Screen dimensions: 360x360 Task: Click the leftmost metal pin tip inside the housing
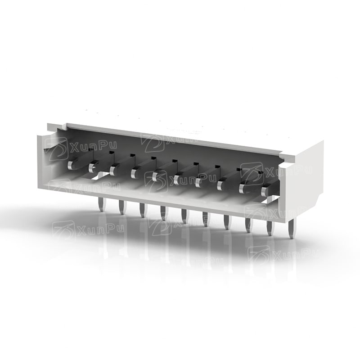[x=71, y=165]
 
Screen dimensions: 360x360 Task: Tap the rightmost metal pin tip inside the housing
[x=265, y=191]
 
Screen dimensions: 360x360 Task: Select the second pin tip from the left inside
[x=92, y=168]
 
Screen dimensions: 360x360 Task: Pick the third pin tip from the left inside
[x=113, y=171]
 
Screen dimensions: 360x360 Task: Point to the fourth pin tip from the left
[x=134, y=174]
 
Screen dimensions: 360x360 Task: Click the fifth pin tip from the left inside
[x=155, y=176]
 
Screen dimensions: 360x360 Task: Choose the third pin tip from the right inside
[x=220, y=185]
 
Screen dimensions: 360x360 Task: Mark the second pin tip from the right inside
[x=243, y=189]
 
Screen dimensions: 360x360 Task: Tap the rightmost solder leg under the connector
[x=292, y=229]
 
